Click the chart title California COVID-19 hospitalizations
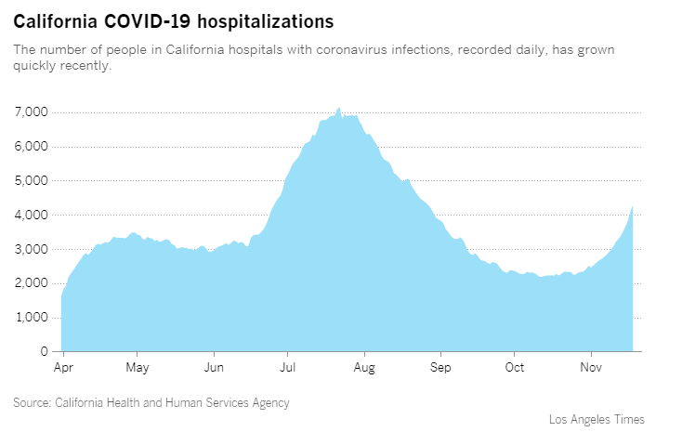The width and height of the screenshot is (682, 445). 174,20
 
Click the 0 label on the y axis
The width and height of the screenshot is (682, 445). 43,352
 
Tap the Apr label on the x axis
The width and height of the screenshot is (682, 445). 63,368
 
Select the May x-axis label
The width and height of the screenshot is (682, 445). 138,368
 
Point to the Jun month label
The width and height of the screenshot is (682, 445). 215,368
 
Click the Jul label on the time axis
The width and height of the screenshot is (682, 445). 288,368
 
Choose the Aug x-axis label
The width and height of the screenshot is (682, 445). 365,368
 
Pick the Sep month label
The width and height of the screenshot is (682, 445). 440,368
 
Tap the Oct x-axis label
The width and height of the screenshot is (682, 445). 514,368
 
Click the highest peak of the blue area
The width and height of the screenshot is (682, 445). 339,108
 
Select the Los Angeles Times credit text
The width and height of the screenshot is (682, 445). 597,420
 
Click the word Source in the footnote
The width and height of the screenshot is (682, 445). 32,403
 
